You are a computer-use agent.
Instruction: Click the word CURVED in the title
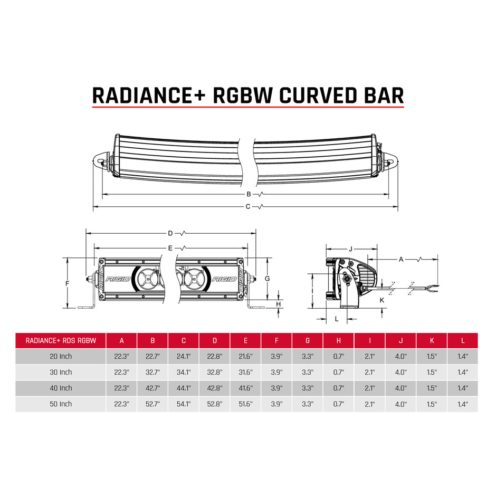[x=314, y=95]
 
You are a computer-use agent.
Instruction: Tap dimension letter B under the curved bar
[x=248, y=194]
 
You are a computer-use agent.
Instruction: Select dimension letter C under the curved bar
[x=248, y=206]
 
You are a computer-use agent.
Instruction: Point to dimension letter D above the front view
[x=170, y=233]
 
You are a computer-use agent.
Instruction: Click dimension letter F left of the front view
[x=67, y=283]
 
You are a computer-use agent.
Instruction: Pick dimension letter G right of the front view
[x=268, y=278]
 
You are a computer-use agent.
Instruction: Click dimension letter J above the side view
[x=350, y=248]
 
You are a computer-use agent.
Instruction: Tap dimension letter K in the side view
[x=382, y=300]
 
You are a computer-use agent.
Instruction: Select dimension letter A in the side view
[x=401, y=259]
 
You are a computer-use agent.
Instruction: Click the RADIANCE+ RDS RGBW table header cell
[x=61, y=340]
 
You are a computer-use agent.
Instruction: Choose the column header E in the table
[x=246, y=340]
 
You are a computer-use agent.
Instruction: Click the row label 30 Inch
[x=61, y=372]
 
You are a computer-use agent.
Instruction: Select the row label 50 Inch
[x=61, y=404]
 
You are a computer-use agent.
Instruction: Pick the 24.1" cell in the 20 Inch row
[x=184, y=356]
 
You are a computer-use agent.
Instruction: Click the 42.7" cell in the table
[x=152, y=388]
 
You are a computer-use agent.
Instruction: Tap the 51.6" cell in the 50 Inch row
[x=246, y=404]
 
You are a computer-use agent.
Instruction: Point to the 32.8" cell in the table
[x=215, y=372]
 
